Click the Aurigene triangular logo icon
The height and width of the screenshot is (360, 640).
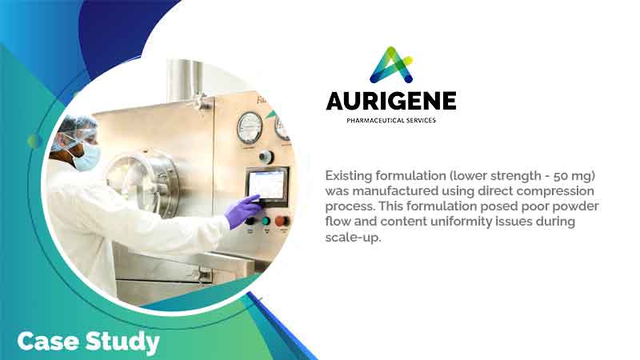pos(390,66)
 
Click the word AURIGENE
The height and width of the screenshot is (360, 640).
pos(390,101)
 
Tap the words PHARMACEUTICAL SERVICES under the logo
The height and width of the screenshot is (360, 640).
pos(390,120)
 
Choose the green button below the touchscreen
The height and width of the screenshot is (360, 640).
pos(265,221)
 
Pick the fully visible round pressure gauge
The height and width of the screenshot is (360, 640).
pos(250,126)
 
